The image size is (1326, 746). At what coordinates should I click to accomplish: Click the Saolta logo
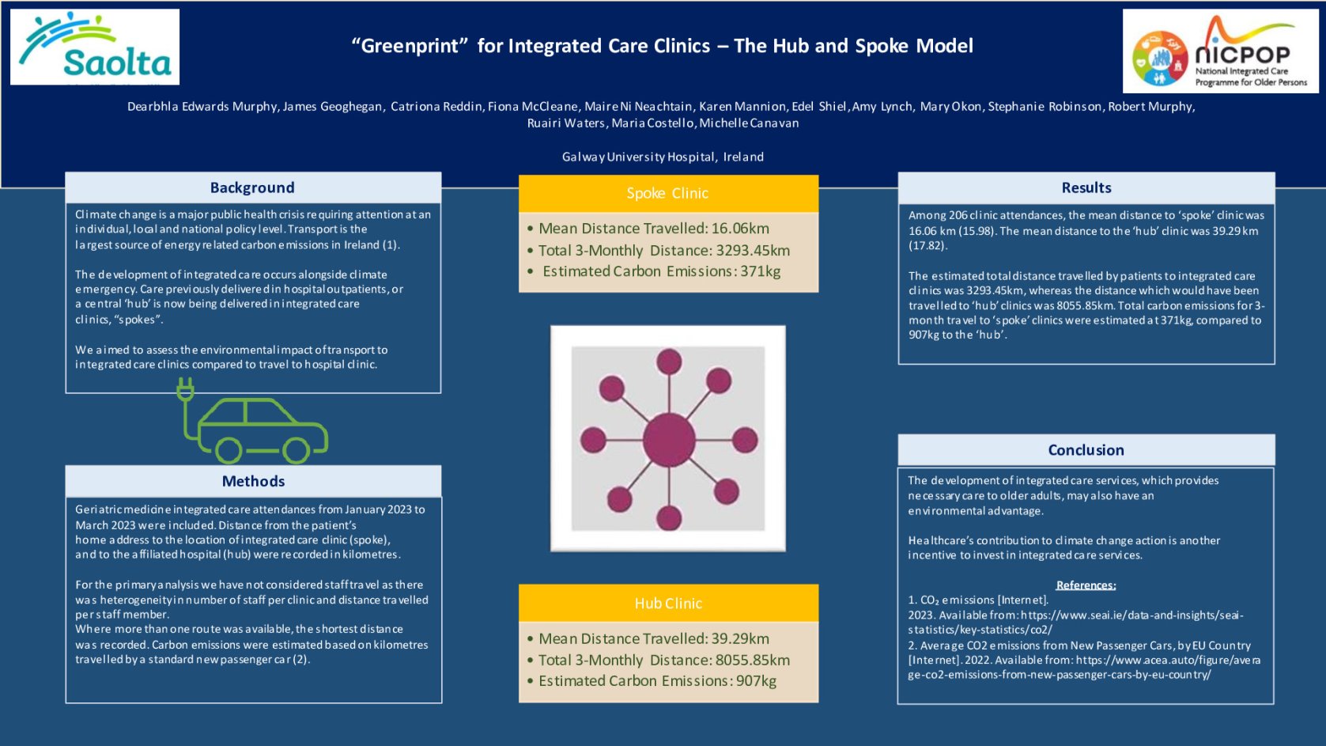point(95,47)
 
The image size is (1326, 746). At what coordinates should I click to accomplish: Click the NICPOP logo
point(1220,51)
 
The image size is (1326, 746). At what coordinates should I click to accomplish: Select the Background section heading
point(252,187)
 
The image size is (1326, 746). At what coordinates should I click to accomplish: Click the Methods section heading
point(253,481)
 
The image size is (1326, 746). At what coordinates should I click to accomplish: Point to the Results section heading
point(1086,187)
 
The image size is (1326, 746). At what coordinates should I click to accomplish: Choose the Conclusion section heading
point(1086,450)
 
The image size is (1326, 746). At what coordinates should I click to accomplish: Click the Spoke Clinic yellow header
point(667,193)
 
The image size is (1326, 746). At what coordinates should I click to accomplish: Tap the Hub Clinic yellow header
point(667,604)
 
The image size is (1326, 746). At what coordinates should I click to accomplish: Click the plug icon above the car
point(186,389)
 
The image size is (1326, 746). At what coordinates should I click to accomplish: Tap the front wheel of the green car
point(297,451)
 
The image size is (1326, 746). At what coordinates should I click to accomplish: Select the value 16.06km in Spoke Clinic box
point(740,229)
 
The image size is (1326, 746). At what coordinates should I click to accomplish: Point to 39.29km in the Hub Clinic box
point(740,638)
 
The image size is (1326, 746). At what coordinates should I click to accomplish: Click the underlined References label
point(1086,585)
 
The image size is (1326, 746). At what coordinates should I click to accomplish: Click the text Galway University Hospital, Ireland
point(663,157)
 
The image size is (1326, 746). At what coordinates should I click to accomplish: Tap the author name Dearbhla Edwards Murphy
point(202,107)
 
